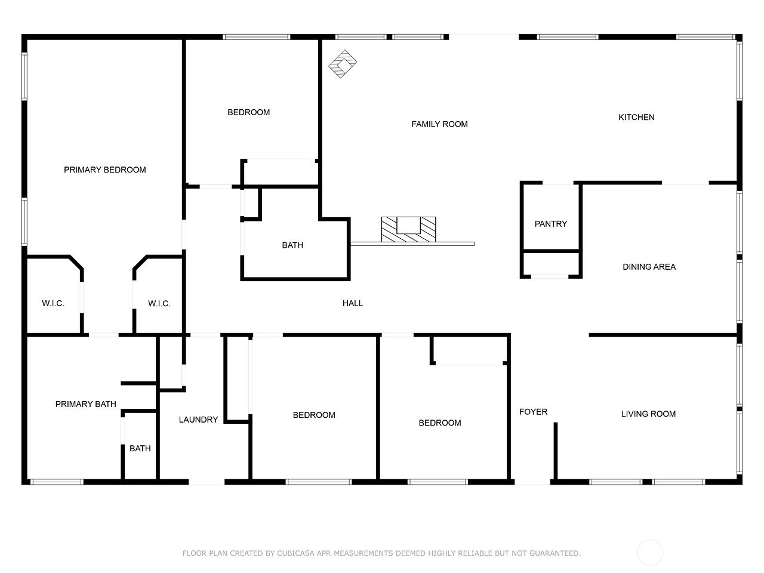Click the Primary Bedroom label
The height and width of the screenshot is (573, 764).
pyautogui.click(x=105, y=170)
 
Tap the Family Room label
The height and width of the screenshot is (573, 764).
pyautogui.click(x=439, y=124)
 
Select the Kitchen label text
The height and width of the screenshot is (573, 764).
pyautogui.click(x=636, y=117)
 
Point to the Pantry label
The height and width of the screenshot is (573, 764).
pyautogui.click(x=551, y=224)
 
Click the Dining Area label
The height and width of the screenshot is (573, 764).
pyautogui.click(x=649, y=267)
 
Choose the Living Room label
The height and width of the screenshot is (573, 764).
pyautogui.click(x=648, y=414)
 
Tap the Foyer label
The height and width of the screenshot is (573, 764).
pyautogui.click(x=533, y=412)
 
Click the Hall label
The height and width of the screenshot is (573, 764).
pyautogui.click(x=353, y=303)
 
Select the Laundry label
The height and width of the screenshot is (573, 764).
pyautogui.click(x=198, y=420)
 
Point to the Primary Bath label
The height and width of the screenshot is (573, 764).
pyautogui.click(x=85, y=404)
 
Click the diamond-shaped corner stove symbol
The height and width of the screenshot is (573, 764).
pyautogui.click(x=343, y=64)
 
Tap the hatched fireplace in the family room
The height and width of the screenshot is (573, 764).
pyautogui.click(x=408, y=229)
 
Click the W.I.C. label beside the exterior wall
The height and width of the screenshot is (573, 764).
pyautogui.click(x=53, y=303)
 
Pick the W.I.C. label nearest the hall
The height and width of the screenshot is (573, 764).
pyautogui.click(x=159, y=303)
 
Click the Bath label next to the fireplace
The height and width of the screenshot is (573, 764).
pyautogui.click(x=292, y=245)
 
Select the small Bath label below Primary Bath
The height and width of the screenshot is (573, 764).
pyautogui.click(x=140, y=448)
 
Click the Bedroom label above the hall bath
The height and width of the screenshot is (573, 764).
pyautogui.click(x=248, y=112)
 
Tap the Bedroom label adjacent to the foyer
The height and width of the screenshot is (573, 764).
pyautogui.click(x=440, y=423)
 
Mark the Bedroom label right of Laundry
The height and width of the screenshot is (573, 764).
pyautogui.click(x=314, y=415)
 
